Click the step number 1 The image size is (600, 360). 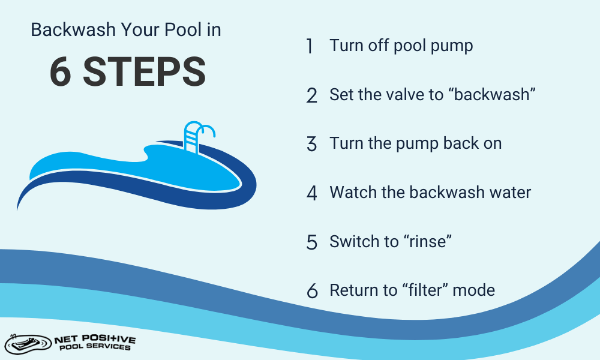[310, 46]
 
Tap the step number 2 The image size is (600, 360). [311, 95]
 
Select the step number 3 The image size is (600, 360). [311, 145]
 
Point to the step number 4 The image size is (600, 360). [311, 193]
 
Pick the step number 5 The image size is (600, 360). [311, 242]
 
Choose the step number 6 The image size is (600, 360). [311, 291]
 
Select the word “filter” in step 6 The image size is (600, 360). [424, 290]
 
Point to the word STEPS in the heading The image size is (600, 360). [144, 73]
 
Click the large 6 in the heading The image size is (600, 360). [61, 73]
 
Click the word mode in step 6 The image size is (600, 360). [474, 290]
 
